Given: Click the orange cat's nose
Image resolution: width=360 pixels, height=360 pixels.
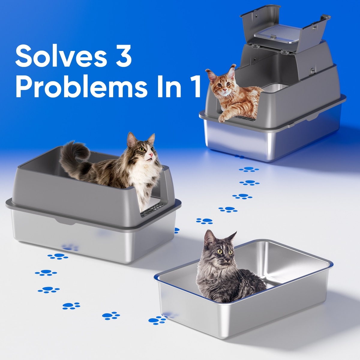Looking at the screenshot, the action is [x=225, y=90].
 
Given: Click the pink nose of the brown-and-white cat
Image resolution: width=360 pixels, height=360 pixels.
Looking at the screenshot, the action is [x=151, y=155].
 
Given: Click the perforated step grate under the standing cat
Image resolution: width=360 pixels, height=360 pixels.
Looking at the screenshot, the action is [x=152, y=209].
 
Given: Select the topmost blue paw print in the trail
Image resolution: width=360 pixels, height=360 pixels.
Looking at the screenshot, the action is [x=249, y=169].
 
